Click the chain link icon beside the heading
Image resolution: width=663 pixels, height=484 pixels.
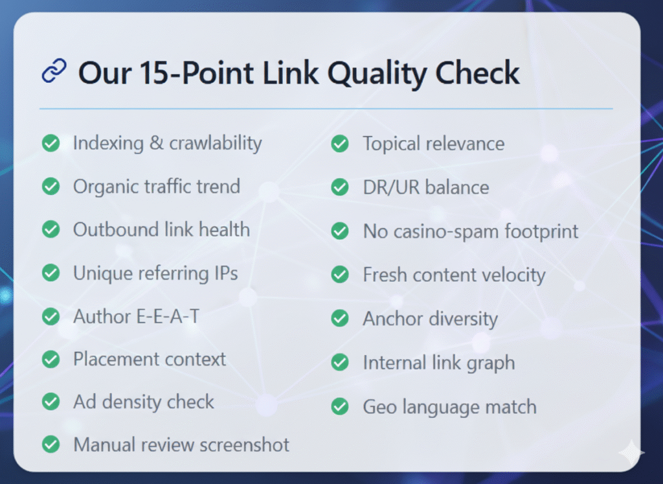pos(54,70)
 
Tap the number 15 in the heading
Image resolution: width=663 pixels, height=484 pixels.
pos(155,73)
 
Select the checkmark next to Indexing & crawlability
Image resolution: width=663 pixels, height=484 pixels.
pos(51,143)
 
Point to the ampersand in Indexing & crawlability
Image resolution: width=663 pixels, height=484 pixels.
pos(157,143)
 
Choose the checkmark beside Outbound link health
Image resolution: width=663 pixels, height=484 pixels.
pos(51,229)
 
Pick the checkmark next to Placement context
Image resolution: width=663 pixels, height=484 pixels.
pos(51,359)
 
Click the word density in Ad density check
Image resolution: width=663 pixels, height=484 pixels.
pos(131,402)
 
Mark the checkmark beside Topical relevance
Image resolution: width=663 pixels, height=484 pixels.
pos(340,144)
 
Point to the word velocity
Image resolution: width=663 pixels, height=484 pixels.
pos(513,275)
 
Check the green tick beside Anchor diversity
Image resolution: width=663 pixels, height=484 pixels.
pos(340,319)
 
